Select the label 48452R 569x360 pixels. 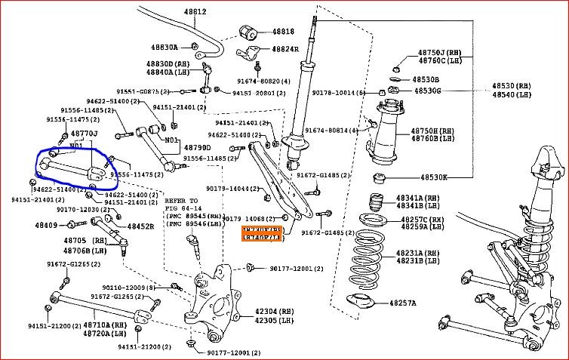click(140, 226)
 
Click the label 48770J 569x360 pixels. click(85, 133)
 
